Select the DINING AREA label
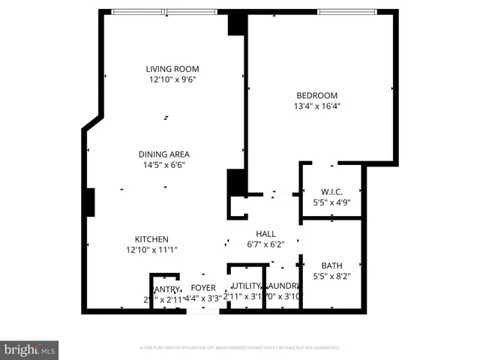[x=163, y=154]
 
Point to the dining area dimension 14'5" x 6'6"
[x=163, y=165]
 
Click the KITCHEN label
[x=151, y=239]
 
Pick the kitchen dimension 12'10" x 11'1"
[x=151, y=250]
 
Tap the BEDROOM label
[x=316, y=95]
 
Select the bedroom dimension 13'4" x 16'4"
[x=316, y=106]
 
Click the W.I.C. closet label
[x=331, y=190]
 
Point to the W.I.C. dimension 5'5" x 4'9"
[x=331, y=201]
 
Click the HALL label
[x=266, y=233]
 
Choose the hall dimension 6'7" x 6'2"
[x=266, y=244]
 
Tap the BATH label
[x=331, y=265]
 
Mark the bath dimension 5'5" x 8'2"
[x=331, y=276]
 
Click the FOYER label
[x=203, y=288]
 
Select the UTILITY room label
[x=246, y=286]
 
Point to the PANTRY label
[x=166, y=289]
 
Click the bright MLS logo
[x=29, y=349]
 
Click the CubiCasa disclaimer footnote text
[x=240, y=348]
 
